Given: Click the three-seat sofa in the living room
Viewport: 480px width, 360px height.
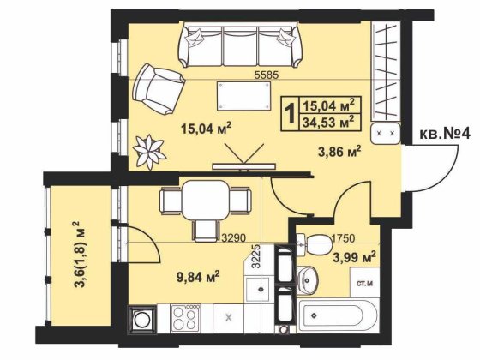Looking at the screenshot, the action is [241, 45].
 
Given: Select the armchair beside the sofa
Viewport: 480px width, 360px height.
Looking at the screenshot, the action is [159, 89].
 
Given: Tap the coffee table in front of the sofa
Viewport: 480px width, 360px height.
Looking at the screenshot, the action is [244, 96].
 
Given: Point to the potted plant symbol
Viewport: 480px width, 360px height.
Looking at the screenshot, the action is [150, 152].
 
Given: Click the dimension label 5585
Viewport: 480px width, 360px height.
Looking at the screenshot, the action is [267, 75].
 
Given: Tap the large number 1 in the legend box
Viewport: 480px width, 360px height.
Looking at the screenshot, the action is [290, 113].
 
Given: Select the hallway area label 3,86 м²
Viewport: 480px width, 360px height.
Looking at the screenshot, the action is [339, 152].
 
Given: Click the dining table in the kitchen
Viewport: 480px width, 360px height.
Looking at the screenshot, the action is [206, 200].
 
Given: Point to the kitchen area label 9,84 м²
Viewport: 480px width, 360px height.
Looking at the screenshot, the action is [198, 277].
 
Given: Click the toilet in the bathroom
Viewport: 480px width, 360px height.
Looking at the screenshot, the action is [315, 244].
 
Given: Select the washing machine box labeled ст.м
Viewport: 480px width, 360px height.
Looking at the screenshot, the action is [364, 283].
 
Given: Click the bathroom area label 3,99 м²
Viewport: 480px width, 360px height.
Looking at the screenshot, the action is [355, 258].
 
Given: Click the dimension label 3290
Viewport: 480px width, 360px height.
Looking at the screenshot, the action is [234, 238].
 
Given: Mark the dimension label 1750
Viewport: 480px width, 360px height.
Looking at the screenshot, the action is [343, 238].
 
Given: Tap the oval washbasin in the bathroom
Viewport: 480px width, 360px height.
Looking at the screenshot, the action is [308, 279].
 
